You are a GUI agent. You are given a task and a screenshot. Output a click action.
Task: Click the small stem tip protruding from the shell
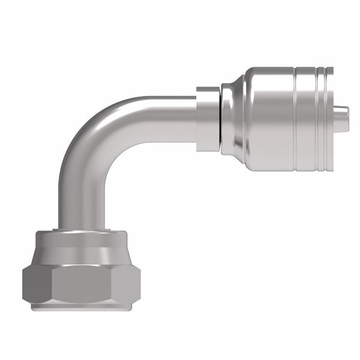pyautogui.click(x=342, y=112)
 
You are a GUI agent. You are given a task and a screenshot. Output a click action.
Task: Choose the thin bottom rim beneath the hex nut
pyautogui.click(x=81, y=307)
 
